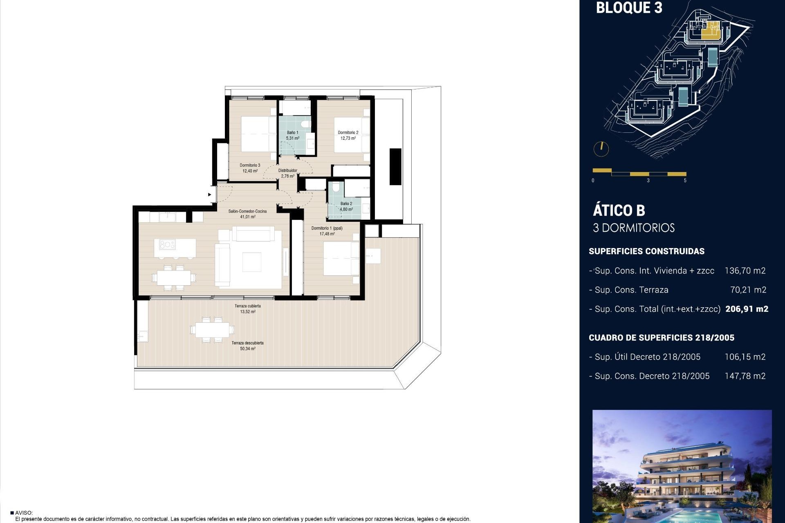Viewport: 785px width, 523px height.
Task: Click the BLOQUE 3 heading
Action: [629, 8]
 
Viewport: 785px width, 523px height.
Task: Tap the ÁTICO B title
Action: [619, 210]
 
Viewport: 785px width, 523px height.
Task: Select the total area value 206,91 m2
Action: [747, 309]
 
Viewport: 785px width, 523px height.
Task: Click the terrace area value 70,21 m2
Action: [748, 290]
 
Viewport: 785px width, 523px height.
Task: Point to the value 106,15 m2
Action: [745, 357]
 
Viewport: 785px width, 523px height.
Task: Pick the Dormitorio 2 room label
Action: [348, 133]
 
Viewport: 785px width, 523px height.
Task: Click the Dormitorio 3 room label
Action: [250, 165]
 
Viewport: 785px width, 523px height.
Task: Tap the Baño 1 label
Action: [292, 133]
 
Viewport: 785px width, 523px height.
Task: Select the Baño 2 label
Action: [346, 203]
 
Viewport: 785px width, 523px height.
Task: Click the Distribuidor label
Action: [287, 171]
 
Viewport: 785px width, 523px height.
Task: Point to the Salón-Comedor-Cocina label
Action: [247, 211]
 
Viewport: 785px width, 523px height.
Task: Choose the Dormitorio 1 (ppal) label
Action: [327, 228]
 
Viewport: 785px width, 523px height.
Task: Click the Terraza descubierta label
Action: [247, 343]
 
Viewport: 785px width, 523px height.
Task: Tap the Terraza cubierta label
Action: [247, 306]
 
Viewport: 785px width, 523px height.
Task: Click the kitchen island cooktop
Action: [167, 245]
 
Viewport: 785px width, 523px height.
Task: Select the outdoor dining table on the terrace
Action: [212, 329]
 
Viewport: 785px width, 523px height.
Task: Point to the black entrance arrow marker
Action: [210, 194]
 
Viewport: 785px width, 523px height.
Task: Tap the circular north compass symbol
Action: [601, 149]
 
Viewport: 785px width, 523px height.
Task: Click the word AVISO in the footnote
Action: [24, 513]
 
